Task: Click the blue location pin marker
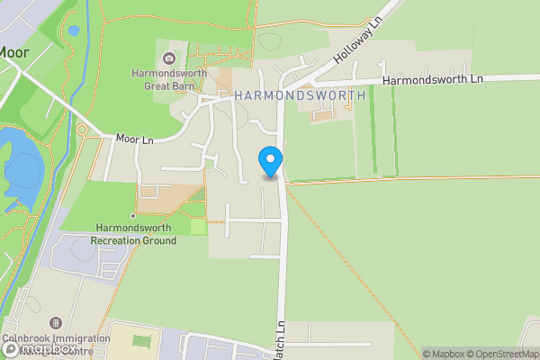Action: [x=270, y=161]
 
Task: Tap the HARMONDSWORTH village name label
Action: [x=300, y=95]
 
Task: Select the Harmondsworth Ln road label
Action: [x=433, y=80]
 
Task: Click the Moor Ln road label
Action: [x=134, y=139]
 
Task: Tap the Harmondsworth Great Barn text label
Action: [x=169, y=80]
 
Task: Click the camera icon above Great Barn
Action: [x=169, y=59]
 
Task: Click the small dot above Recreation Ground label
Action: [x=133, y=216]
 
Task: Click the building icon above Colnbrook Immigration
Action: [x=56, y=322]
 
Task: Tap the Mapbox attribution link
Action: [x=445, y=354]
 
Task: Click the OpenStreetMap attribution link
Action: [x=506, y=354]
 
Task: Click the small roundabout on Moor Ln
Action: [x=82, y=130]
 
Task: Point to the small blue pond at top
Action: [x=73, y=30]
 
